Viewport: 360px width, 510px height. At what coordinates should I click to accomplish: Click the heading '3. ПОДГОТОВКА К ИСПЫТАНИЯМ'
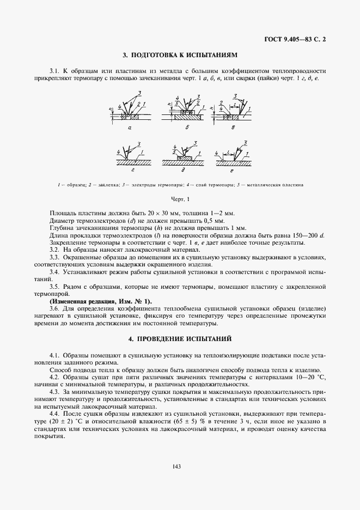180,55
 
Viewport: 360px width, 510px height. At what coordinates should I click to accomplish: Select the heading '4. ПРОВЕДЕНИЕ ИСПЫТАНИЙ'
180,338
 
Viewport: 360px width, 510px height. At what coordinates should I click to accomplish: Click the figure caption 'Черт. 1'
180,199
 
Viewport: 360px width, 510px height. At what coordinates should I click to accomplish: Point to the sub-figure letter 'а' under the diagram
131,128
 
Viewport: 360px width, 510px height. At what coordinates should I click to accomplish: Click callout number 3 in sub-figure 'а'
139,92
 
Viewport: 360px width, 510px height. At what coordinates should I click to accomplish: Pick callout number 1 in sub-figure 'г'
143,155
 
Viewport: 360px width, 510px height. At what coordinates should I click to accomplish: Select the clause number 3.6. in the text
55,308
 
